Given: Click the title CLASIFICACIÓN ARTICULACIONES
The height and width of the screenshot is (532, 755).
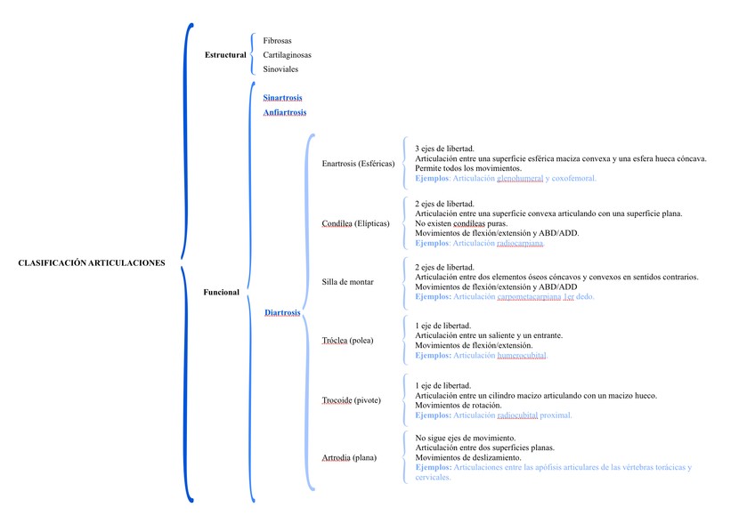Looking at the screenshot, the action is pyautogui.click(x=91, y=262).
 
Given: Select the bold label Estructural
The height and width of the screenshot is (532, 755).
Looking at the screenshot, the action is pyautogui.click(x=225, y=55).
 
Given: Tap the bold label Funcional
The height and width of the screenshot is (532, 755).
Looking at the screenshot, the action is pyautogui.click(x=222, y=292).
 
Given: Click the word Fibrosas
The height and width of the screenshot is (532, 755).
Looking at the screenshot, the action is pyautogui.click(x=277, y=41).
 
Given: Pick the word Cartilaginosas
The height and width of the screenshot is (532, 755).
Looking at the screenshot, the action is pyautogui.click(x=287, y=55).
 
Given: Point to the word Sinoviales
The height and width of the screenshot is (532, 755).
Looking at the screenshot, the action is pyautogui.click(x=280, y=69).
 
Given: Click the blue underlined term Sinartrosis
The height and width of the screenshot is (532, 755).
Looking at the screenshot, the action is pyautogui.click(x=283, y=97).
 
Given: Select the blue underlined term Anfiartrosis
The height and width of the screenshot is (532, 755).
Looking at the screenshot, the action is pyautogui.click(x=285, y=112).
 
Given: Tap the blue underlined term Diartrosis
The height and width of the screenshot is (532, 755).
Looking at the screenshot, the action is pyautogui.click(x=282, y=312).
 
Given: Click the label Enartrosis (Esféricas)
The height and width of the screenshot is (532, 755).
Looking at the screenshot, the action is pyautogui.click(x=358, y=164).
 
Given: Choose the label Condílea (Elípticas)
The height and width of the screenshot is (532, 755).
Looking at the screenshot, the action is pyautogui.click(x=356, y=223).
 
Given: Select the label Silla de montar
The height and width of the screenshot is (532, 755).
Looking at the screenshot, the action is pyautogui.click(x=347, y=282).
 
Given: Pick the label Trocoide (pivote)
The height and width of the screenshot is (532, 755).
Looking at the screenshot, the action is pyautogui.click(x=352, y=400).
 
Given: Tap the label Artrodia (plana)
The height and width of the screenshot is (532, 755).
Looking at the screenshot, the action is pyautogui.click(x=350, y=458).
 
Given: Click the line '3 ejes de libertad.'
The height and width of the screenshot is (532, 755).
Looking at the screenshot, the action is pyautogui.click(x=444, y=149).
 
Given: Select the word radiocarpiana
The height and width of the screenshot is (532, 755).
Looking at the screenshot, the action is pyautogui.click(x=512, y=243).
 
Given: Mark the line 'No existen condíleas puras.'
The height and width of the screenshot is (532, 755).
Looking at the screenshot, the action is pyautogui.click(x=461, y=223).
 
